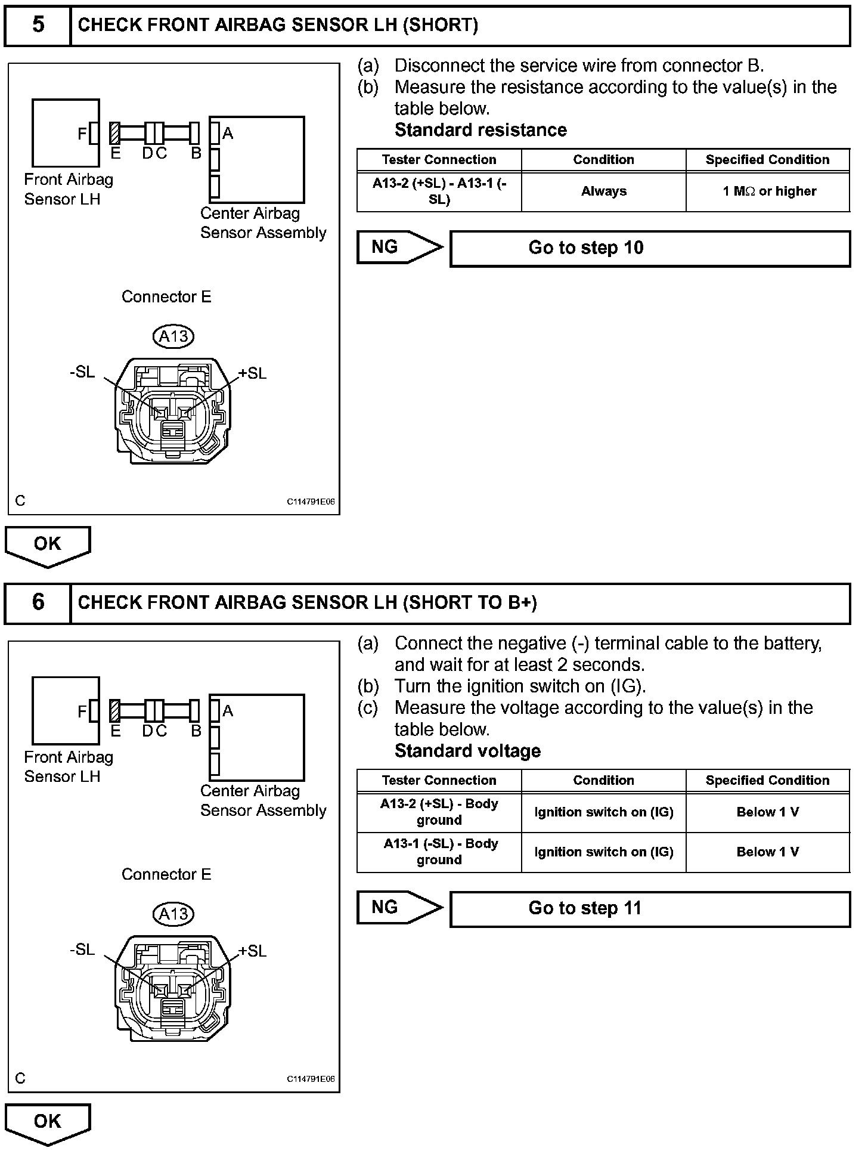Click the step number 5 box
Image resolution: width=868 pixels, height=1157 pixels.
click(x=38, y=25)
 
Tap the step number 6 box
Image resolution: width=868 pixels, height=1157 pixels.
click(x=38, y=602)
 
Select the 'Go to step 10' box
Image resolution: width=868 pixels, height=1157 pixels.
click(x=650, y=248)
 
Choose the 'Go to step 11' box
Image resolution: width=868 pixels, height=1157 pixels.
click(x=650, y=908)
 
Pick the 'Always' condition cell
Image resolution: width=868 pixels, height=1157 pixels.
click(x=603, y=191)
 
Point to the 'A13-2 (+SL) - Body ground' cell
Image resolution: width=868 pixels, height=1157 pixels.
click(x=439, y=812)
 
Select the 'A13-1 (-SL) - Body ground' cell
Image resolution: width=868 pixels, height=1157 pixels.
click(x=439, y=852)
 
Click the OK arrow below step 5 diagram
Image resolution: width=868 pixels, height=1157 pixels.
click(x=48, y=545)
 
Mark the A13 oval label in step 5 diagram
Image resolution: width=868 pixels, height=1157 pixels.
click(x=173, y=336)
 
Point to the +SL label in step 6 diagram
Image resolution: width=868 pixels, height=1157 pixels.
click(x=252, y=951)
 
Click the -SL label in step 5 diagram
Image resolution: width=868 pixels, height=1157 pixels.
click(x=82, y=372)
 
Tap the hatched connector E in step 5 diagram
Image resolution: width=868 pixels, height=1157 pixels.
click(x=115, y=133)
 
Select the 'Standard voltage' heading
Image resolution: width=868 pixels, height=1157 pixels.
click(x=467, y=751)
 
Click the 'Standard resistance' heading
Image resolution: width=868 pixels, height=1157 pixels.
click(x=480, y=130)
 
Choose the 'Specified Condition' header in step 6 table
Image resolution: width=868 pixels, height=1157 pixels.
click(x=768, y=780)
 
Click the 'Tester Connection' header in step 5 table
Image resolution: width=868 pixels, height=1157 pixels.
click(x=439, y=160)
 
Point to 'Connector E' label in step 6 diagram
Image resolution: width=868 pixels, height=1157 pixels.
click(x=166, y=874)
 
